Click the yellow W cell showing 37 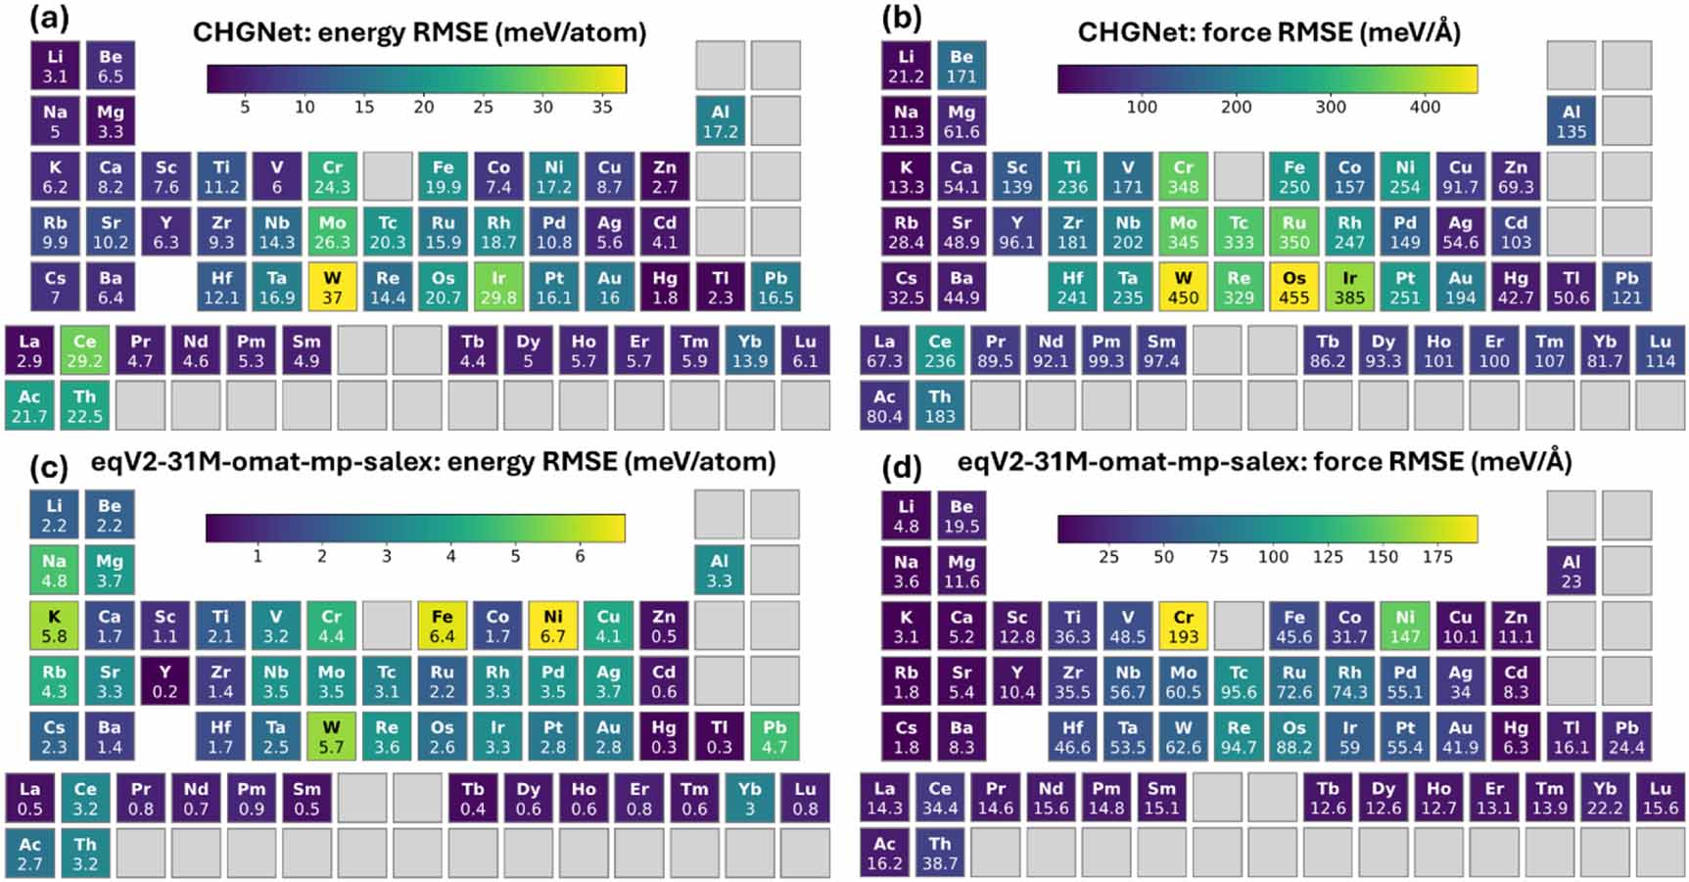pyautogui.click(x=333, y=287)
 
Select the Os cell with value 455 pyautogui.click(x=1293, y=287)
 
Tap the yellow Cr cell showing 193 pyautogui.click(x=1183, y=627)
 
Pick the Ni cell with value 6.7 pyautogui.click(x=553, y=627)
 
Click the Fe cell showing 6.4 pyautogui.click(x=442, y=627)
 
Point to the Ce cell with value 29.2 pyautogui.click(x=85, y=350)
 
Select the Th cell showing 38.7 pyautogui.click(x=939, y=854)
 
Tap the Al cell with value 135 pyautogui.click(x=1571, y=121)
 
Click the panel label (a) pyautogui.click(x=50, y=19)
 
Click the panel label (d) pyautogui.click(x=902, y=468)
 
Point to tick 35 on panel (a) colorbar pyautogui.click(x=602, y=107)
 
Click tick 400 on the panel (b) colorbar pyautogui.click(x=1425, y=107)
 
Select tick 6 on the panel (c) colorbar pyautogui.click(x=580, y=556)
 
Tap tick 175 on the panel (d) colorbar pyautogui.click(x=1437, y=556)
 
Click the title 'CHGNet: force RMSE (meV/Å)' pyautogui.click(x=1268, y=32)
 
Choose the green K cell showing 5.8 pyautogui.click(x=54, y=627)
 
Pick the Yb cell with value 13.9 pyautogui.click(x=750, y=350)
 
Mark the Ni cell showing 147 pyautogui.click(x=1404, y=627)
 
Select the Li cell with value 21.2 pyautogui.click(x=906, y=66)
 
